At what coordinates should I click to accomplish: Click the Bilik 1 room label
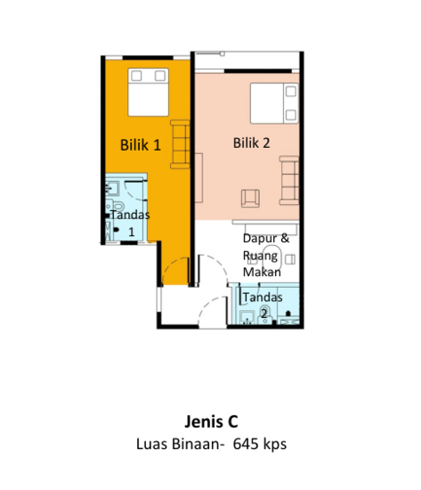141,145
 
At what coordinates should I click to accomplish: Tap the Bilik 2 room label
251,143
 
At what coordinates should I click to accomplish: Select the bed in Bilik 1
149,92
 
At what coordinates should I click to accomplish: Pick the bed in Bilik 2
274,103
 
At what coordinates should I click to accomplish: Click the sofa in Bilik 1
180,144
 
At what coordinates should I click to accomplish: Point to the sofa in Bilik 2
289,180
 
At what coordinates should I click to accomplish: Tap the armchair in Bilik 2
250,198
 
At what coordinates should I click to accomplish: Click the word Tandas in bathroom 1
130,215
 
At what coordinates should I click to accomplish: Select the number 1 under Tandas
132,232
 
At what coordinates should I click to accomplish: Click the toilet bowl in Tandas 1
117,206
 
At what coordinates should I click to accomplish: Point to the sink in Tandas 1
112,188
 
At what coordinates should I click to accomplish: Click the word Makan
262,272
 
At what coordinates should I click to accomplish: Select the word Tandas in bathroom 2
263,298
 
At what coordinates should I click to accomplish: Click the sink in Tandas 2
247,317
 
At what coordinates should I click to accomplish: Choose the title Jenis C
211,421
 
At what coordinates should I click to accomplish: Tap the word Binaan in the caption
198,444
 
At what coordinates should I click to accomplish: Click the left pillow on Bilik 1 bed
136,76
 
